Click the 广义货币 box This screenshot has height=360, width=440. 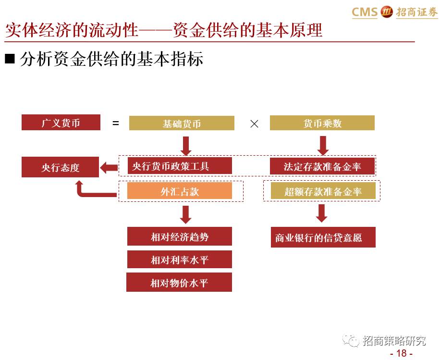(x=61, y=123)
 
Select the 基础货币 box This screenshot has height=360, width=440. (x=182, y=123)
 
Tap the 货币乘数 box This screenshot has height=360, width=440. (x=322, y=123)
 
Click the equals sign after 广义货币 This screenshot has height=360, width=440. (x=115, y=123)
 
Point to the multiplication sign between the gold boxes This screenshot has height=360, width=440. (x=254, y=124)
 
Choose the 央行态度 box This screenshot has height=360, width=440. (x=60, y=167)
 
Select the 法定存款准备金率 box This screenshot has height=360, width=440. (x=322, y=166)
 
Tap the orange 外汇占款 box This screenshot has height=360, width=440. (x=180, y=191)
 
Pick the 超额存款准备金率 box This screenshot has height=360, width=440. (x=323, y=191)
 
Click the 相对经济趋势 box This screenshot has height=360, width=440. (x=180, y=236)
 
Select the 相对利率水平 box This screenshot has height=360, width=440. (x=180, y=260)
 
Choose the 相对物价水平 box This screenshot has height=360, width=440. (x=179, y=282)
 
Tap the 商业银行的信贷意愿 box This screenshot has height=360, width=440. (x=323, y=237)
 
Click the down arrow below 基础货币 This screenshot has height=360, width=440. (x=185, y=145)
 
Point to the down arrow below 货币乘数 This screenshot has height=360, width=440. (x=322, y=145)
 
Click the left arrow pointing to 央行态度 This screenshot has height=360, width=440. (x=109, y=167)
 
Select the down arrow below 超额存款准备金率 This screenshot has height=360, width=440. (x=321, y=212)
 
